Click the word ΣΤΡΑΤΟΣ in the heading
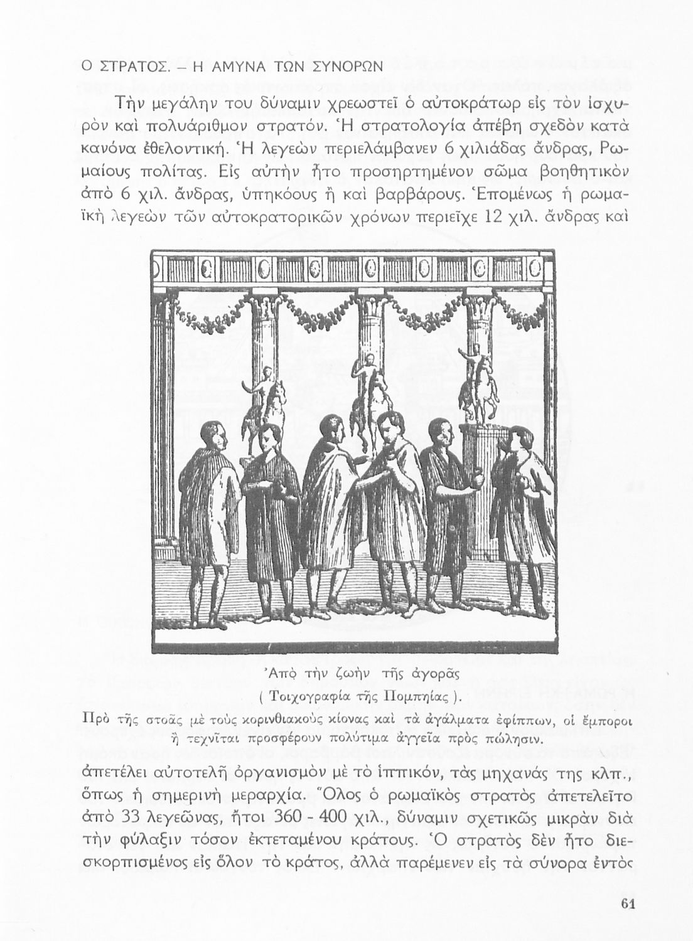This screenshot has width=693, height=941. [121, 66]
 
